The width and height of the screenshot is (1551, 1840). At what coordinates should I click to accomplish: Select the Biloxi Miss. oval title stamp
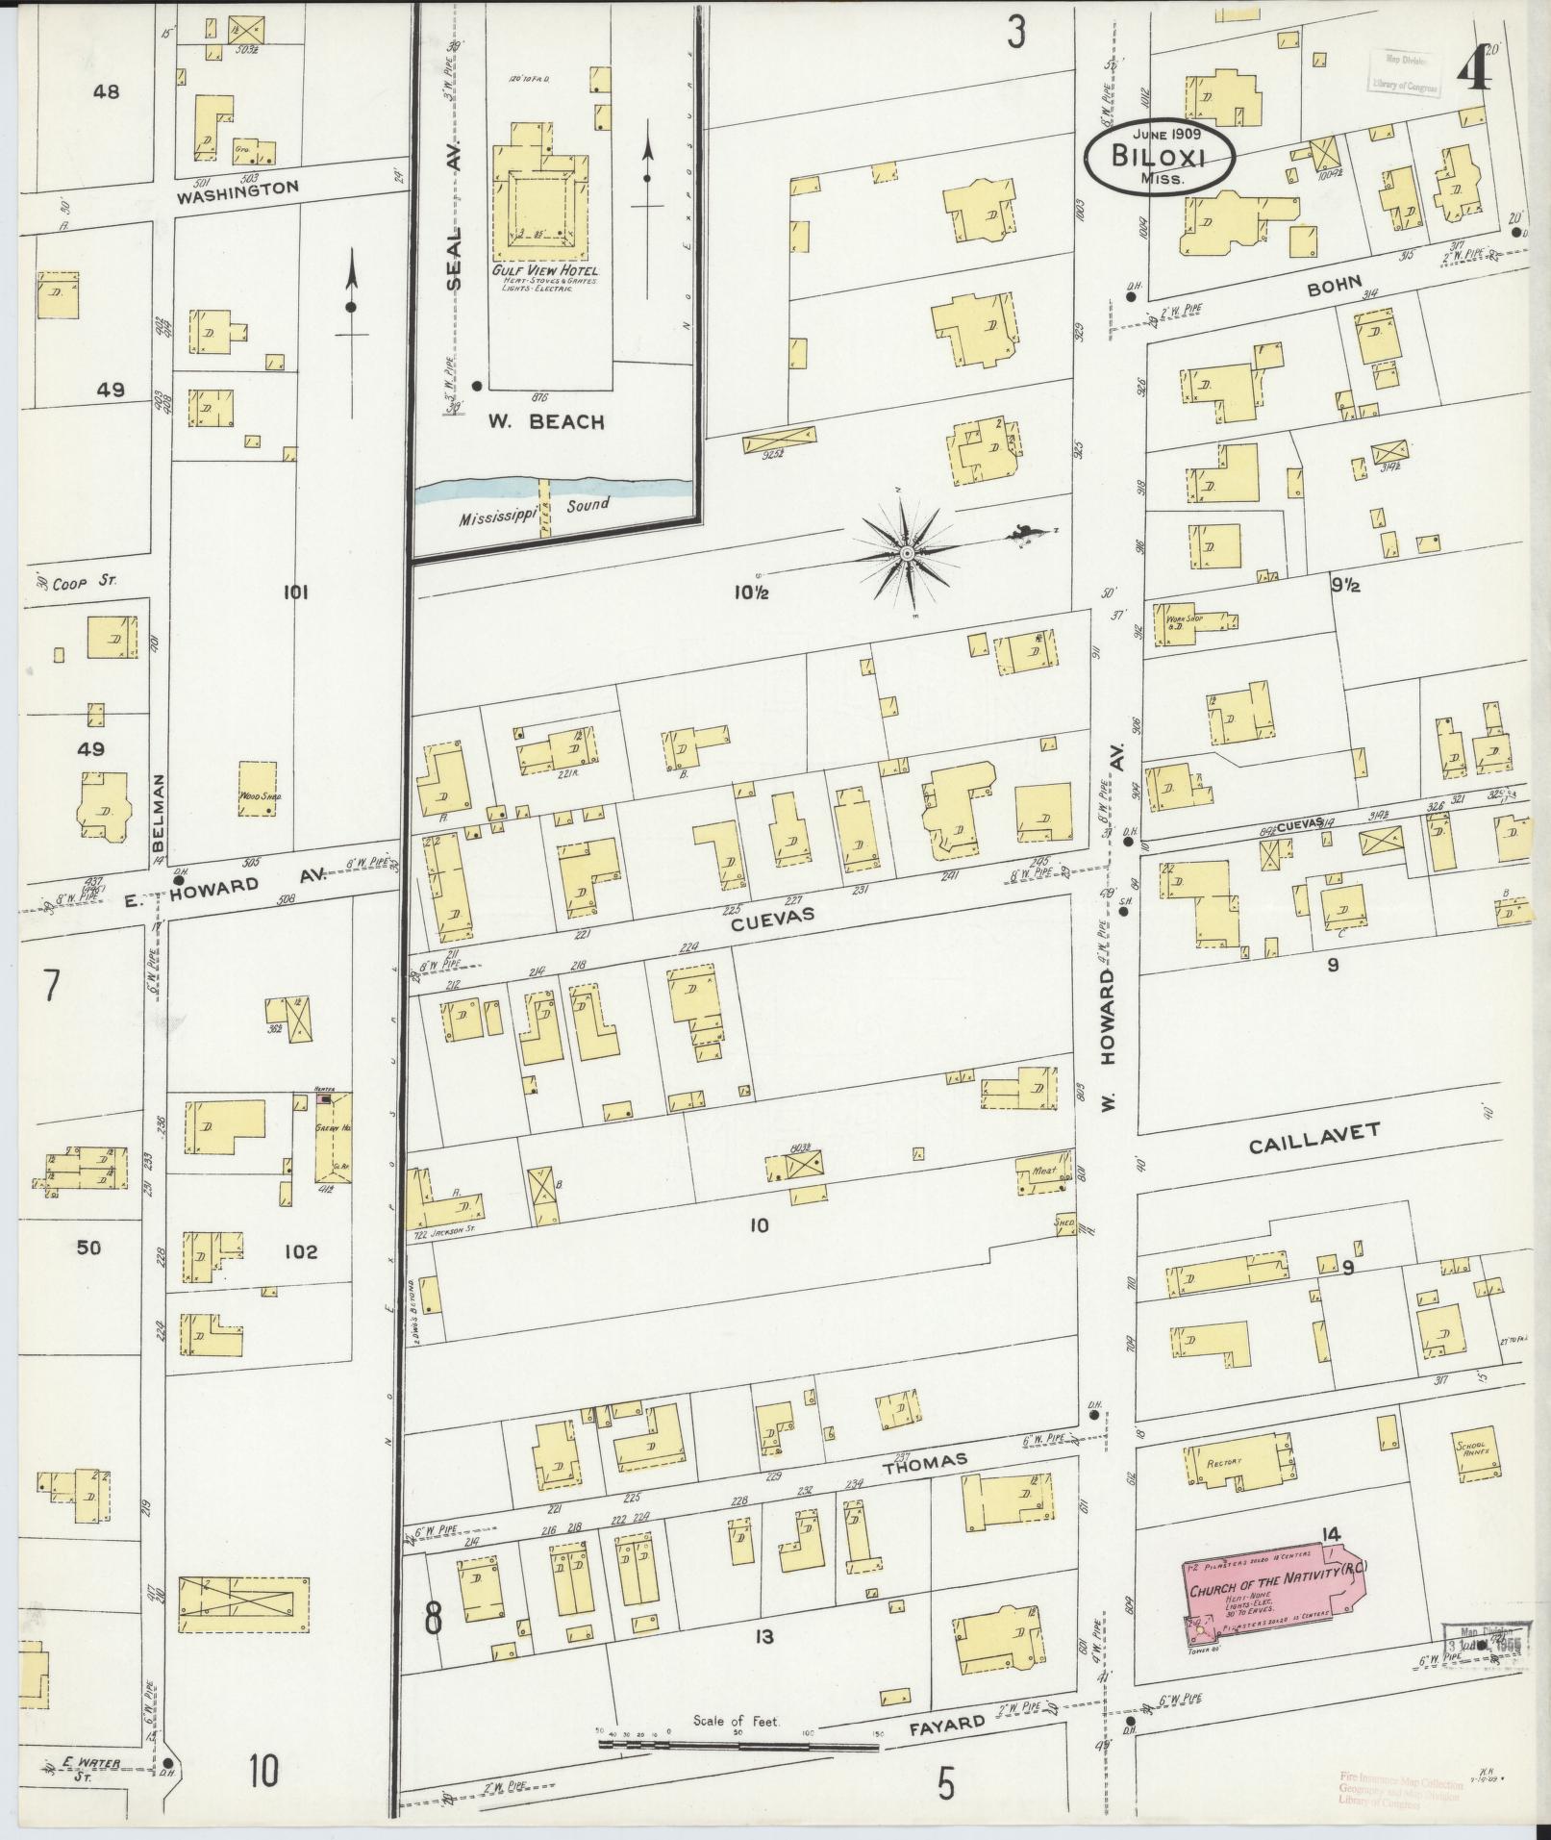point(1159,157)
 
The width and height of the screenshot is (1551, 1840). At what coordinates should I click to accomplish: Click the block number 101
point(294,593)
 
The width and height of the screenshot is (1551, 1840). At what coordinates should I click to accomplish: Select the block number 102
point(300,1252)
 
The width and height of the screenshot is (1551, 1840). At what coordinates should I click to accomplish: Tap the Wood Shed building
point(257,789)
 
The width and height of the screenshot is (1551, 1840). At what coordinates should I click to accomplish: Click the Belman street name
point(159,812)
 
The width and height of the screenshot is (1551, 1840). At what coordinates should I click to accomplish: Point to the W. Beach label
point(545,420)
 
